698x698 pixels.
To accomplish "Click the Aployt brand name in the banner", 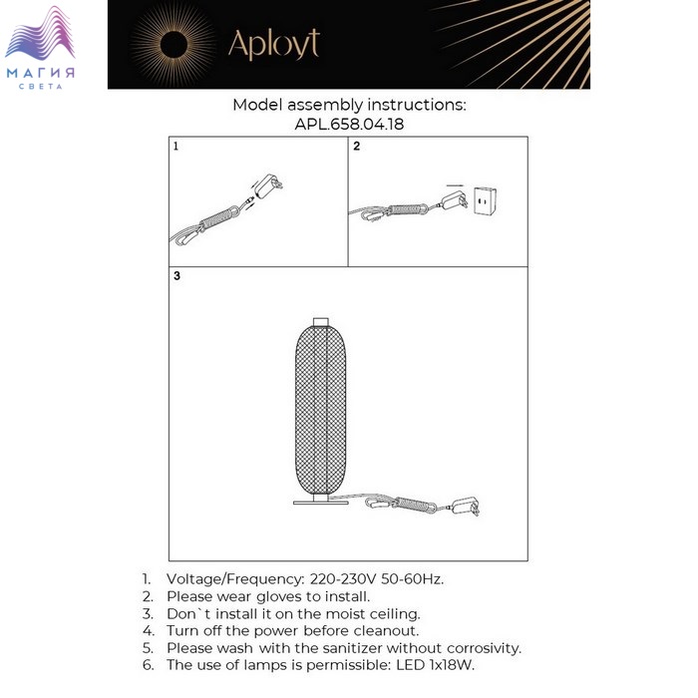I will (x=274, y=44).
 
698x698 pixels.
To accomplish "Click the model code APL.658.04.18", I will (x=349, y=125).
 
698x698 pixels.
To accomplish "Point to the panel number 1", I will (x=176, y=146).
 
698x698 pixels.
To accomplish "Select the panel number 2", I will (x=356, y=146).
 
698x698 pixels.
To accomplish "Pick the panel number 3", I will (x=176, y=276).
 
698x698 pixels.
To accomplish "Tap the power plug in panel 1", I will (x=266, y=186).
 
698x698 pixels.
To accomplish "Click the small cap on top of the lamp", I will (x=320, y=321).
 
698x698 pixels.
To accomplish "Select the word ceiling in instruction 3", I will (x=391, y=614).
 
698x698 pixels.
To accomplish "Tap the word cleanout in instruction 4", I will (x=381, y=631).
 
